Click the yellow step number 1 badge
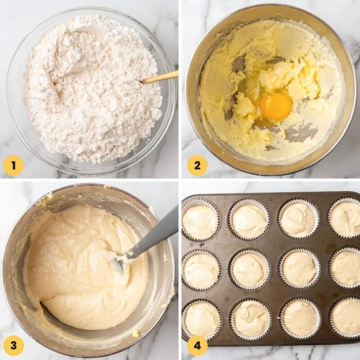[x=13, y=166]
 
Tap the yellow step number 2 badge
[x=197, y=166]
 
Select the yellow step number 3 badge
[x=13, y=346]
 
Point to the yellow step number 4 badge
[x=197, y=346]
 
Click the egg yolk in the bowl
[x=275, y=106]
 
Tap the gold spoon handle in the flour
[x=160, y=77]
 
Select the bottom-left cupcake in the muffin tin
[x=202, y=319]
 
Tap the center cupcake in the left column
[x=201, y=270]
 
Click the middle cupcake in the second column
[x=250, y=269]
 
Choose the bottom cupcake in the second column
[x=251, y=319]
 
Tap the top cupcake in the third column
[x=298, y=218]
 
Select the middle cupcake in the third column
[x=299, y=269]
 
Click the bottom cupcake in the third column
[x=300, y=319]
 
